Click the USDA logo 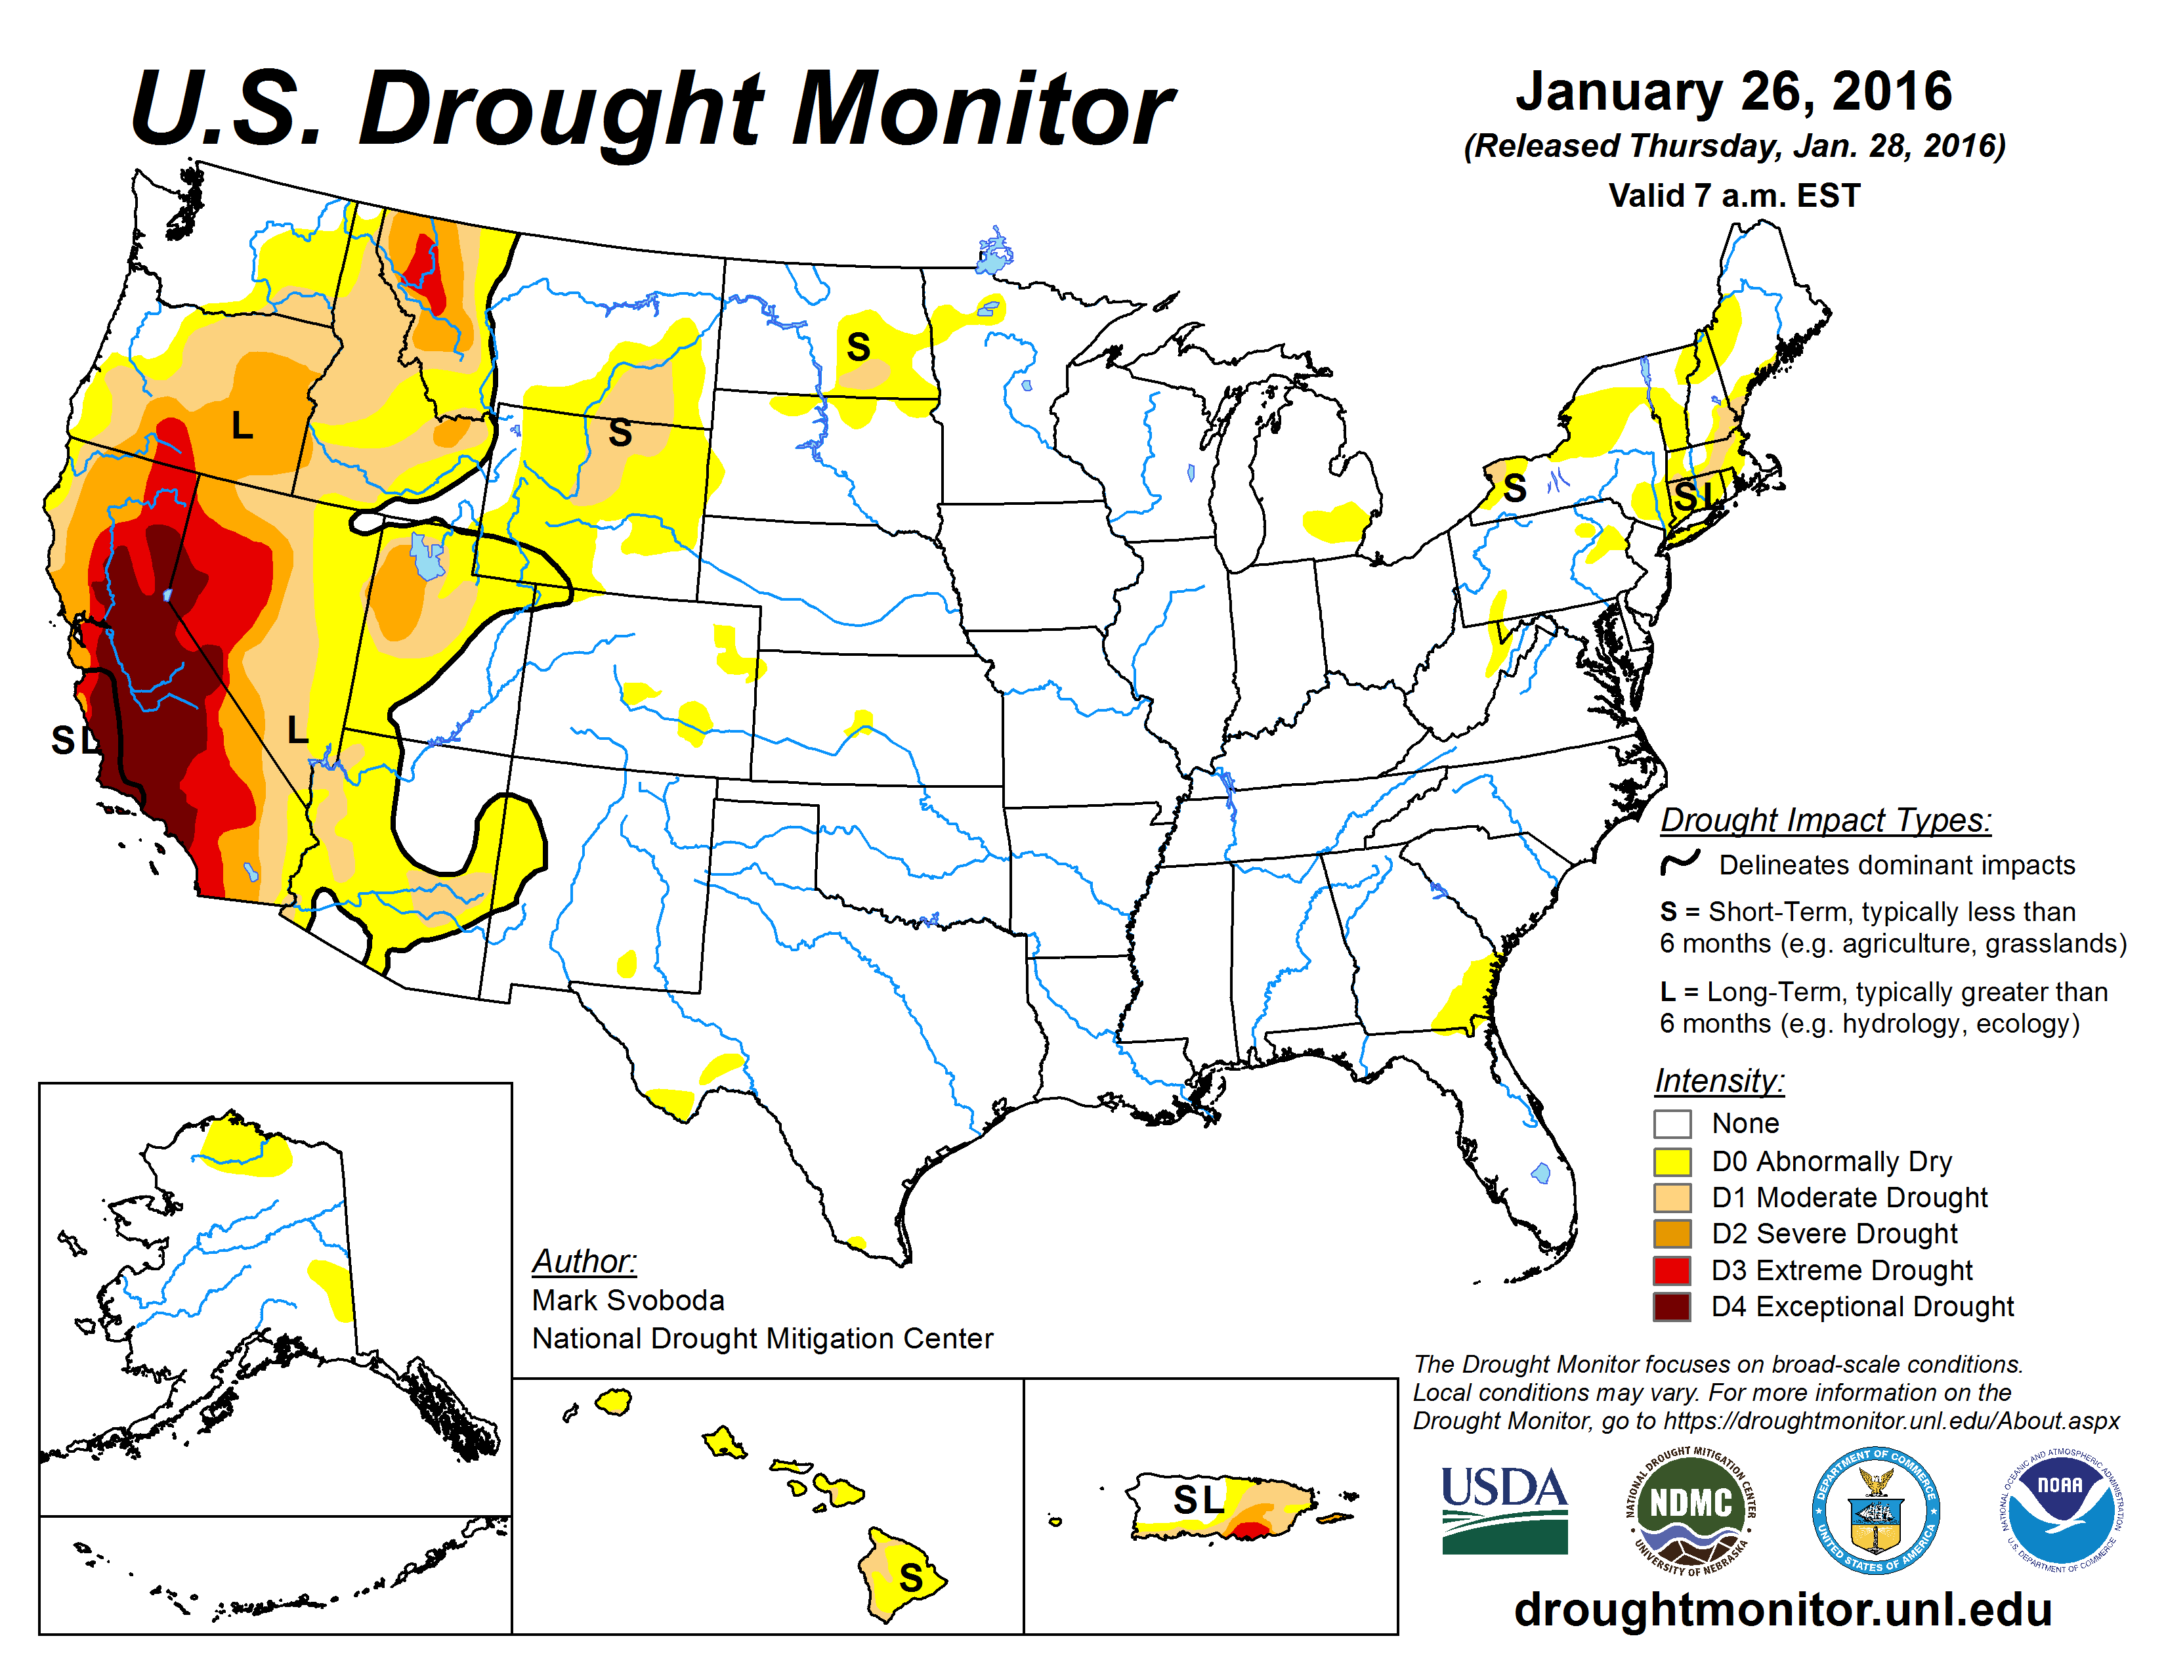click(x=1504, y=1509)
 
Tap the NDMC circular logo click(x=1690, y=1509)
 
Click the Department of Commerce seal click(x=1875, y=1509)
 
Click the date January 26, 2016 click(x=1733, y=92)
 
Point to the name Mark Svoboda click(x=627, y=1300)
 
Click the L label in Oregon click(x=242, y=427)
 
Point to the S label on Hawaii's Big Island click(x=910, y=1577)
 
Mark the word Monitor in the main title click(x=982, y=111)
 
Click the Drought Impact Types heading click(x=1825, y=820)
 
